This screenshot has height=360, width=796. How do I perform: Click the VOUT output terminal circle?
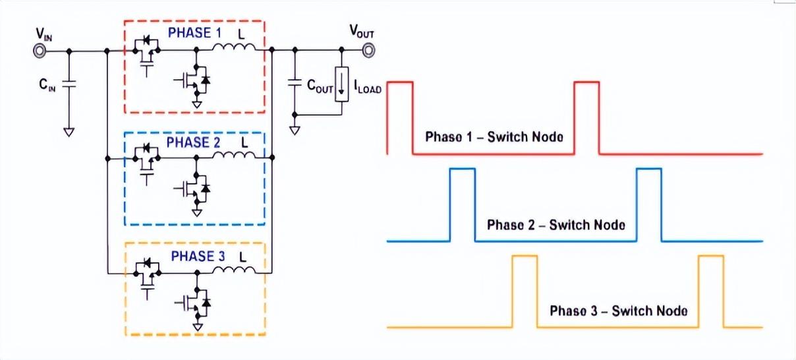[367, 49]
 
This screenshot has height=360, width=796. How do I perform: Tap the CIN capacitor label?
[48, 84]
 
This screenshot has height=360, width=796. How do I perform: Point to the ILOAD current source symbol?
[341, 84]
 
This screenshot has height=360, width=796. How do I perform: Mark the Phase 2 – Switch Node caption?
[555, 224]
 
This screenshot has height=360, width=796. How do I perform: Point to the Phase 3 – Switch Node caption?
[619, 311]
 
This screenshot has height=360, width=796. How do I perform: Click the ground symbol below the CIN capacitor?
[69, 131]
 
